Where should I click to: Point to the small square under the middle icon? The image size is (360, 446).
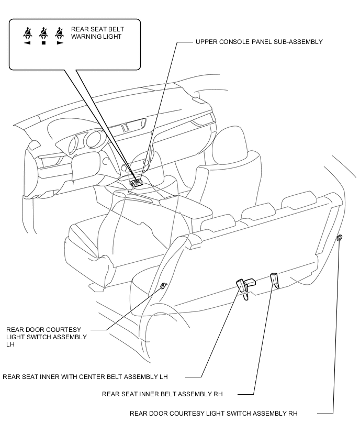pyautogui.click(x=43, y=43)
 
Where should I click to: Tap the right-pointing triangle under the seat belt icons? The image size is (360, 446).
pyautogui.click(x=60, y=43)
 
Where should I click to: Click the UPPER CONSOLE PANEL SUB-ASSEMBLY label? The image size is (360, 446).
pyautogui.click(x=258, y=41)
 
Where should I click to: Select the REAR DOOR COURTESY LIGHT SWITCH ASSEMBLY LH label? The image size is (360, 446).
pyautogui.click(x=47, y=337)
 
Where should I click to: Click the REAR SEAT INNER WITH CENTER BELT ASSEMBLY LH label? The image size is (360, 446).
pyautogui.click(x=85, y=376)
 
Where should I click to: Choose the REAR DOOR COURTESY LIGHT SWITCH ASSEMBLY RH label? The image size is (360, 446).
pyautogui.click(x=213, y=413)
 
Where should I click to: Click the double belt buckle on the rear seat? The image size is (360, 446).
pyautogui.click(x=244, y=286)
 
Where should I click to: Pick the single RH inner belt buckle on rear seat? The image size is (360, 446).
pyautogui.click(x=275, y=281)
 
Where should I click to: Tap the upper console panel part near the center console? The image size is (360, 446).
pyautogui.click(x=138, y=183)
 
